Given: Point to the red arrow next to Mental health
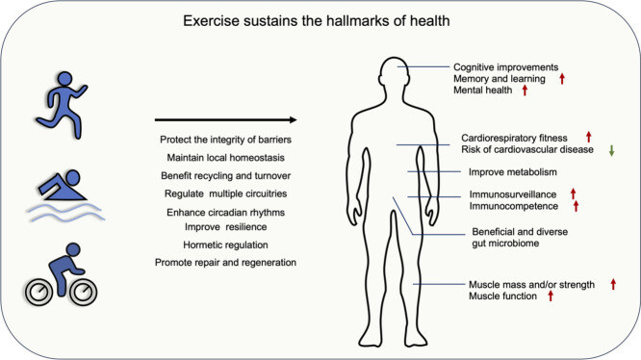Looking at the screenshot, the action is pos(526,90).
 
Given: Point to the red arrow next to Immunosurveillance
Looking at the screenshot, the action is pos(574,193).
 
